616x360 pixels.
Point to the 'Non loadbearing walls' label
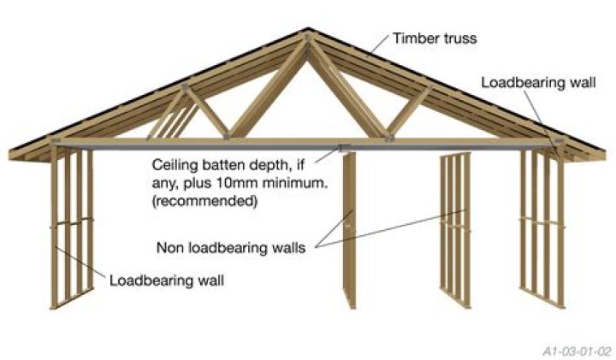pyautogui.click(x=236, y=248)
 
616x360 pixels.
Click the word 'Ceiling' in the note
pyautogui.click(x=175, y=163)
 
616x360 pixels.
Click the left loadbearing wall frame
pyautogui.click(x=72, y=227)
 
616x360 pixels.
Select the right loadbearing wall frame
pyautogui.click(x=542, y=227)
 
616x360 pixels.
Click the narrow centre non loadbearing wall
pyautogui.click(x=349, y=227)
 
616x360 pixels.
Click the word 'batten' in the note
pyautogui.click(x=224, y=163)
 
